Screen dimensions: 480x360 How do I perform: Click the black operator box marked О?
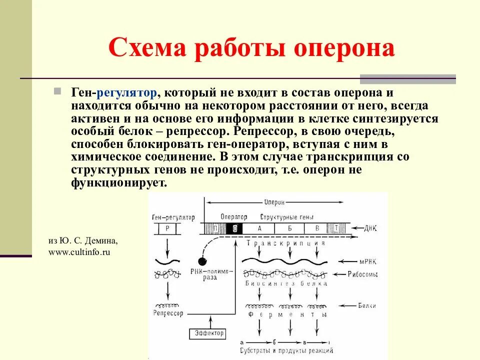click(235, 228)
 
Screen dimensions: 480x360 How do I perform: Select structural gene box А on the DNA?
click(259, 228)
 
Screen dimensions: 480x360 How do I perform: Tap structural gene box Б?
click(289, 228)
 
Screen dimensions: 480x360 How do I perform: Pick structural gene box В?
click(316, 228)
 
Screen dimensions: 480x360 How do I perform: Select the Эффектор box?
click(207, 333)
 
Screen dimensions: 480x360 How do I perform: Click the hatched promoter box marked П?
click(214, 228)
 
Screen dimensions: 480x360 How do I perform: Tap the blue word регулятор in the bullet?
click(127, 93)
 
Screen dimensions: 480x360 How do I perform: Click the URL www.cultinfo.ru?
click(79, 252)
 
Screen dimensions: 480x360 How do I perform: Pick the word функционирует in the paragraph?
click(118, 183)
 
